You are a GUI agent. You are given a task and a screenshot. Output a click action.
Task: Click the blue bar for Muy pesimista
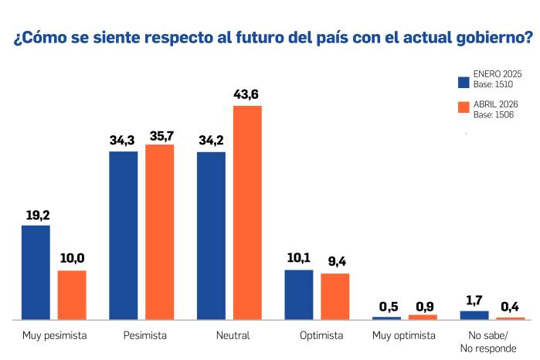tap(36, 272)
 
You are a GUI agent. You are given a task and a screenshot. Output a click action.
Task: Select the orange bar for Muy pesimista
tap(72, 294)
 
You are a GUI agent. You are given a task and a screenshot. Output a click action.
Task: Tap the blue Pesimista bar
tap(124, 235)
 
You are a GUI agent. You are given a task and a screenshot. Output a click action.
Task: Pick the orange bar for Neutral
tap(248, 212)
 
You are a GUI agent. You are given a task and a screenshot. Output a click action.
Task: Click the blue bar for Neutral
tap(212, 235)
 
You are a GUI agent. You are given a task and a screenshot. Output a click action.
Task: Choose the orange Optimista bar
tap(335, 296)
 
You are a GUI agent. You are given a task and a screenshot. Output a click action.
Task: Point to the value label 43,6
tap(248, 95)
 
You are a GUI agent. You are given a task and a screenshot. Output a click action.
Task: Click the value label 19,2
tap(36, 215)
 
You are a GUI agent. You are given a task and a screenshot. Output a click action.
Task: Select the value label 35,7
tap(160, 134)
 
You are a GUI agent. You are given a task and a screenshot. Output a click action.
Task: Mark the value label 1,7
tap(474, 300)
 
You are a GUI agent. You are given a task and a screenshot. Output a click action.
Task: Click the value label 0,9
tap(423, 304)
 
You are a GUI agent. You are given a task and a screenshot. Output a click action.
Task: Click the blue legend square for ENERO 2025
tap(464, 82)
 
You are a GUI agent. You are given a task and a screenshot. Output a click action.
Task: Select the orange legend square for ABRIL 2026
tap(464, 108)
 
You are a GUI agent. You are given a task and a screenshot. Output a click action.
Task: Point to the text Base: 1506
tap(494, 114)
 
